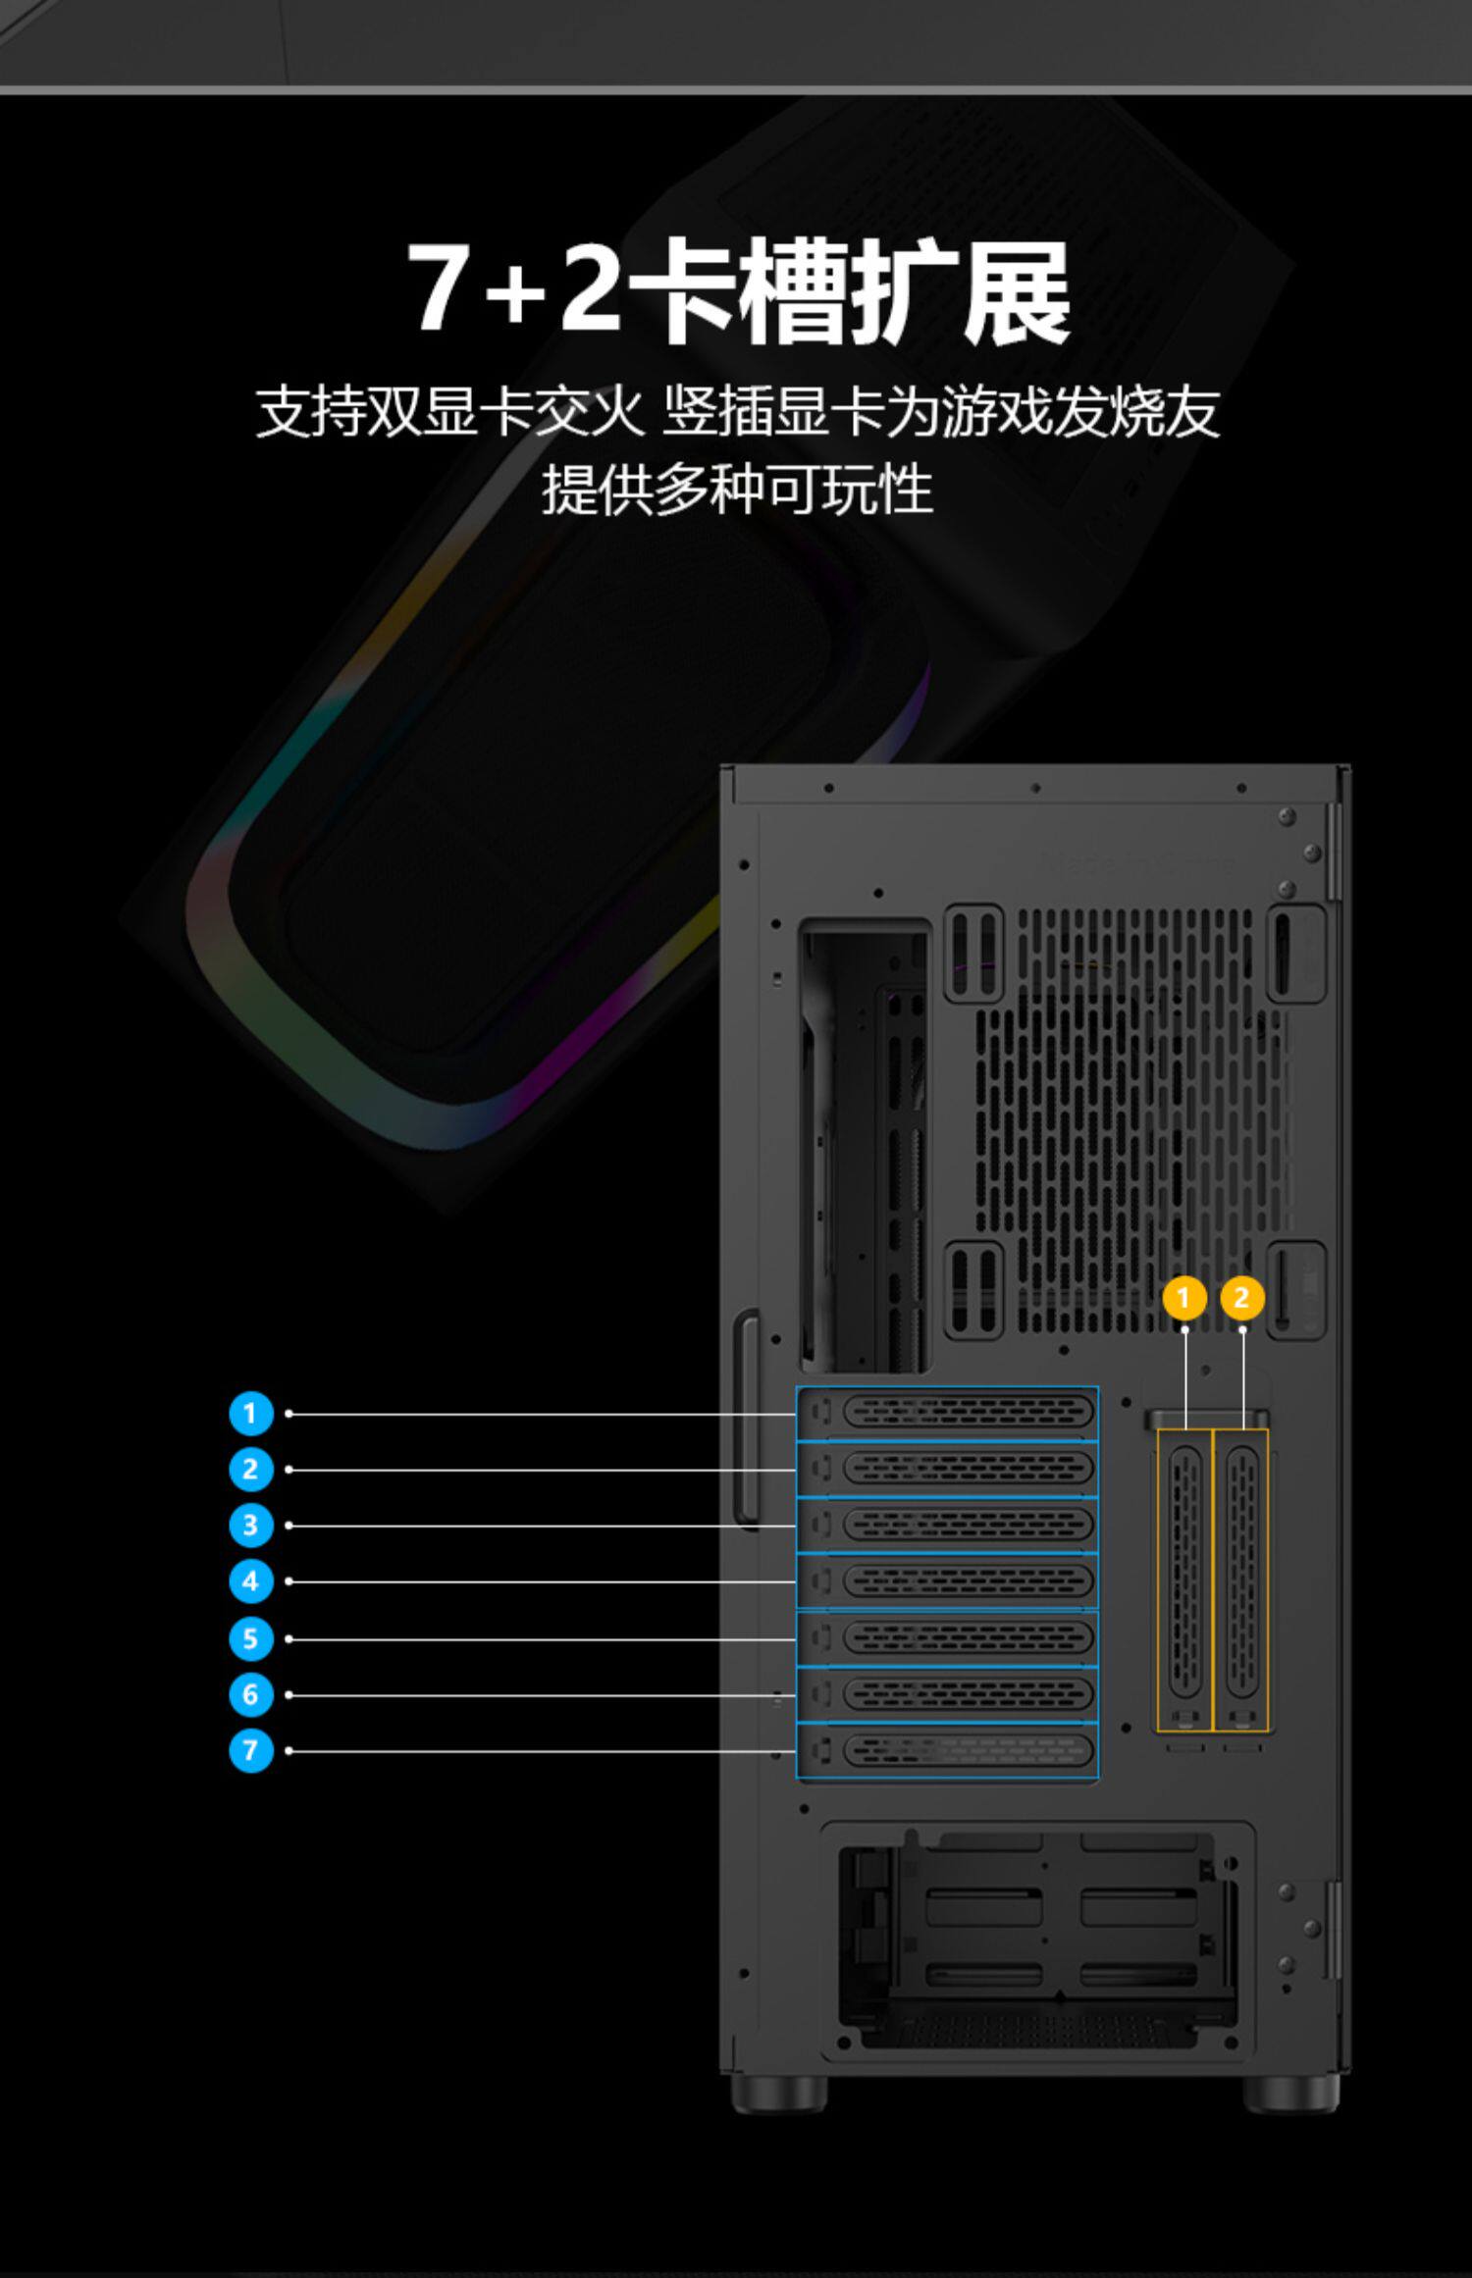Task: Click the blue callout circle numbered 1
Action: [x=250, y=1414]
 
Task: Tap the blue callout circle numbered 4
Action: [x=250, y=1581]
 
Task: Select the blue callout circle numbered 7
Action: [x=250, y=1750]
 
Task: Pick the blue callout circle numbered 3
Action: [x=250, y=1526]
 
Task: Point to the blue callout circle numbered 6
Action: [x=250, y=1694]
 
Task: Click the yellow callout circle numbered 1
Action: [x=1183, y=1298]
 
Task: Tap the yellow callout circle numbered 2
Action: [x=1241, y=1298]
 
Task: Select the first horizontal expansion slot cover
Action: [x=948, y=1414]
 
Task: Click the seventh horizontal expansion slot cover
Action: [x=948, y=1751]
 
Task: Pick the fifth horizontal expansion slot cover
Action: [x=948, y=1638]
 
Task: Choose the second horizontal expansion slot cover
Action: [x=948, y=1470]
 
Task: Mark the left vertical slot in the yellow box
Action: [x=1185, y=1579]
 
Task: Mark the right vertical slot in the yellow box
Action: [x=1242, y=1579]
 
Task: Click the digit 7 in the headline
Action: [x=436, y=286]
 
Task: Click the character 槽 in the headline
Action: [x=793, y=291]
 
